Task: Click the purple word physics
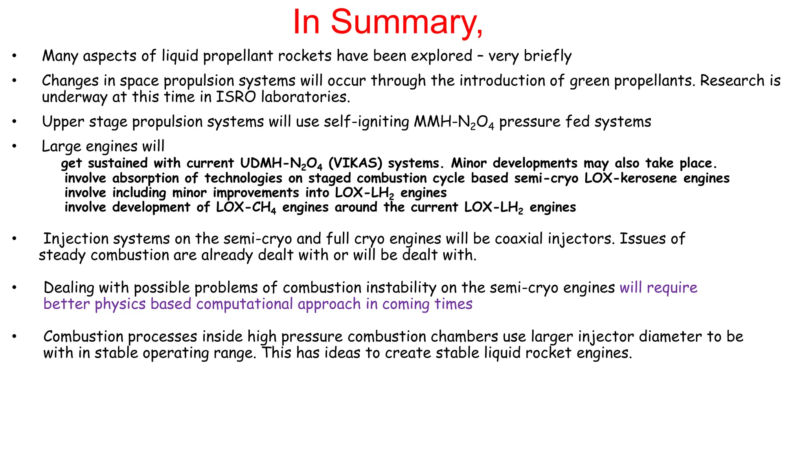tap(120, 304)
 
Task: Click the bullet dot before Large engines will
tap(14, 146)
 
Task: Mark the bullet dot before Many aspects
tap(14, 56)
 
